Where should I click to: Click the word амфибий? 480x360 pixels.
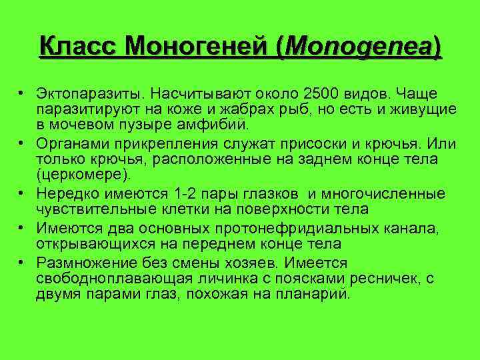coord(215,124)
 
